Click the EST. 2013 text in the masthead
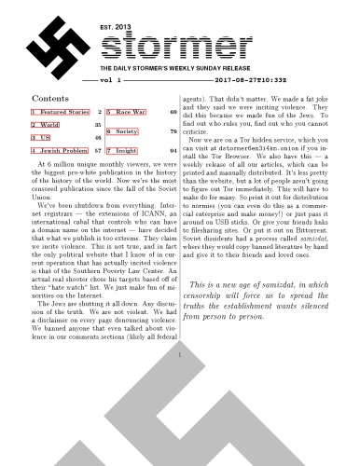(x=114, y=30)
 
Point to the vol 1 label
(x=111, y=83)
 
